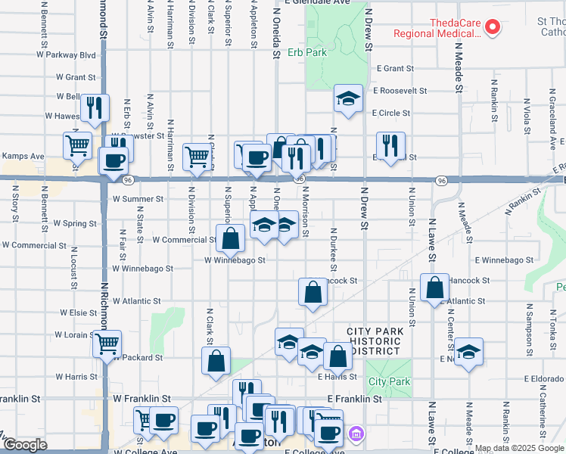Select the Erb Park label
click(x=306, y=53)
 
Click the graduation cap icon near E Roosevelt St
click(x=348, y=98)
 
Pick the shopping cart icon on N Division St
click(x=197, y=157)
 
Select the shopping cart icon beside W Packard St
click(x=107, y=344)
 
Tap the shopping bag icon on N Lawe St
click(x=434, y=288)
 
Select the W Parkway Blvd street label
click(x=66, y=55)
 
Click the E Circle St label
click(x=390, y=113)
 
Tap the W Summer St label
click(x=138, y=199)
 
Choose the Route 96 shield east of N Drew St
click(x=441, y=180)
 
